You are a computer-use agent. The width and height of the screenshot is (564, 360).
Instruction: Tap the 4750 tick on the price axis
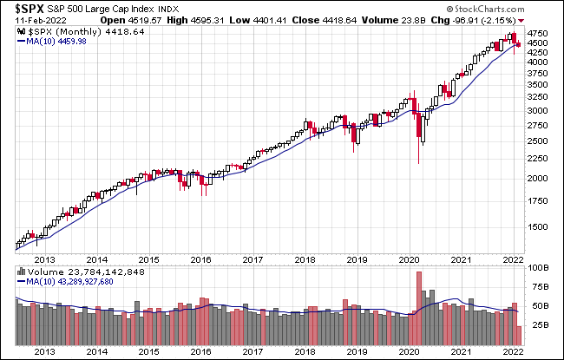click(537, 36)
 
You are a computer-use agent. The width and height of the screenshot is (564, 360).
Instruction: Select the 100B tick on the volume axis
click(537, 270)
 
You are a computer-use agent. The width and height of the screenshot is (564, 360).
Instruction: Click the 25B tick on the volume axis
click(537, 326)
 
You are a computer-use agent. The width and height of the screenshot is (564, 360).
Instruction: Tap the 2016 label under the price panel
click(200, 258)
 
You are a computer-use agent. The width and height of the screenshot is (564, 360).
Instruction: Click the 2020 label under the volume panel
click(409, 350)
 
